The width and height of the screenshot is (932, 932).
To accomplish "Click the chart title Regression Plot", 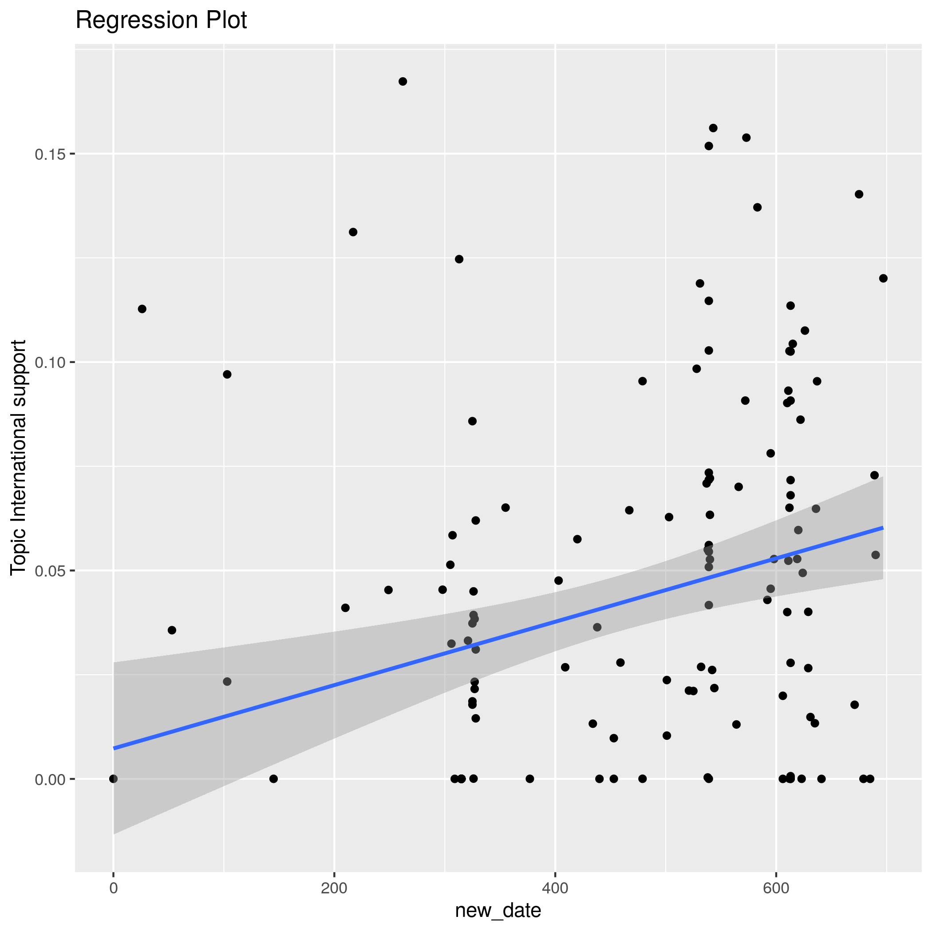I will pyautogui.click(x=161, y=21).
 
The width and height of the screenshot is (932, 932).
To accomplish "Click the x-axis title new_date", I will pyautogui.click(x=498, y=910).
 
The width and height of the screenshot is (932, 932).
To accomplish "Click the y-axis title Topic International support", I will pyautogui.click(x=18, y=457).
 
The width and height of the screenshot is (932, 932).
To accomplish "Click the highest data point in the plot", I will pyautogui.click(x=403, y=82).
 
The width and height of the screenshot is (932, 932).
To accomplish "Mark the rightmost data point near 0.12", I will pyautogui.click(x=883, y=278).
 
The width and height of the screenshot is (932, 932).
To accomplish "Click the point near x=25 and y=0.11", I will pyautogui.click(x=142, y=309).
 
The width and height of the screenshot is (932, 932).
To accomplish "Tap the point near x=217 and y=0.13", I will pyautogui.click(x=353, y=232).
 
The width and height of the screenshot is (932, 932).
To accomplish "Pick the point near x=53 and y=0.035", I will pyautogui.click(x=172, y=630).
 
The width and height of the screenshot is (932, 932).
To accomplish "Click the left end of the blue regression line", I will pyautogui.click(x=115, y=748).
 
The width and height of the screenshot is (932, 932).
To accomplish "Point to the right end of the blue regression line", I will pyautogui.click(x=882, y=528).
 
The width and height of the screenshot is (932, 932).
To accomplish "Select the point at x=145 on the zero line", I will pyautogui.click(x=273, y=778).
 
